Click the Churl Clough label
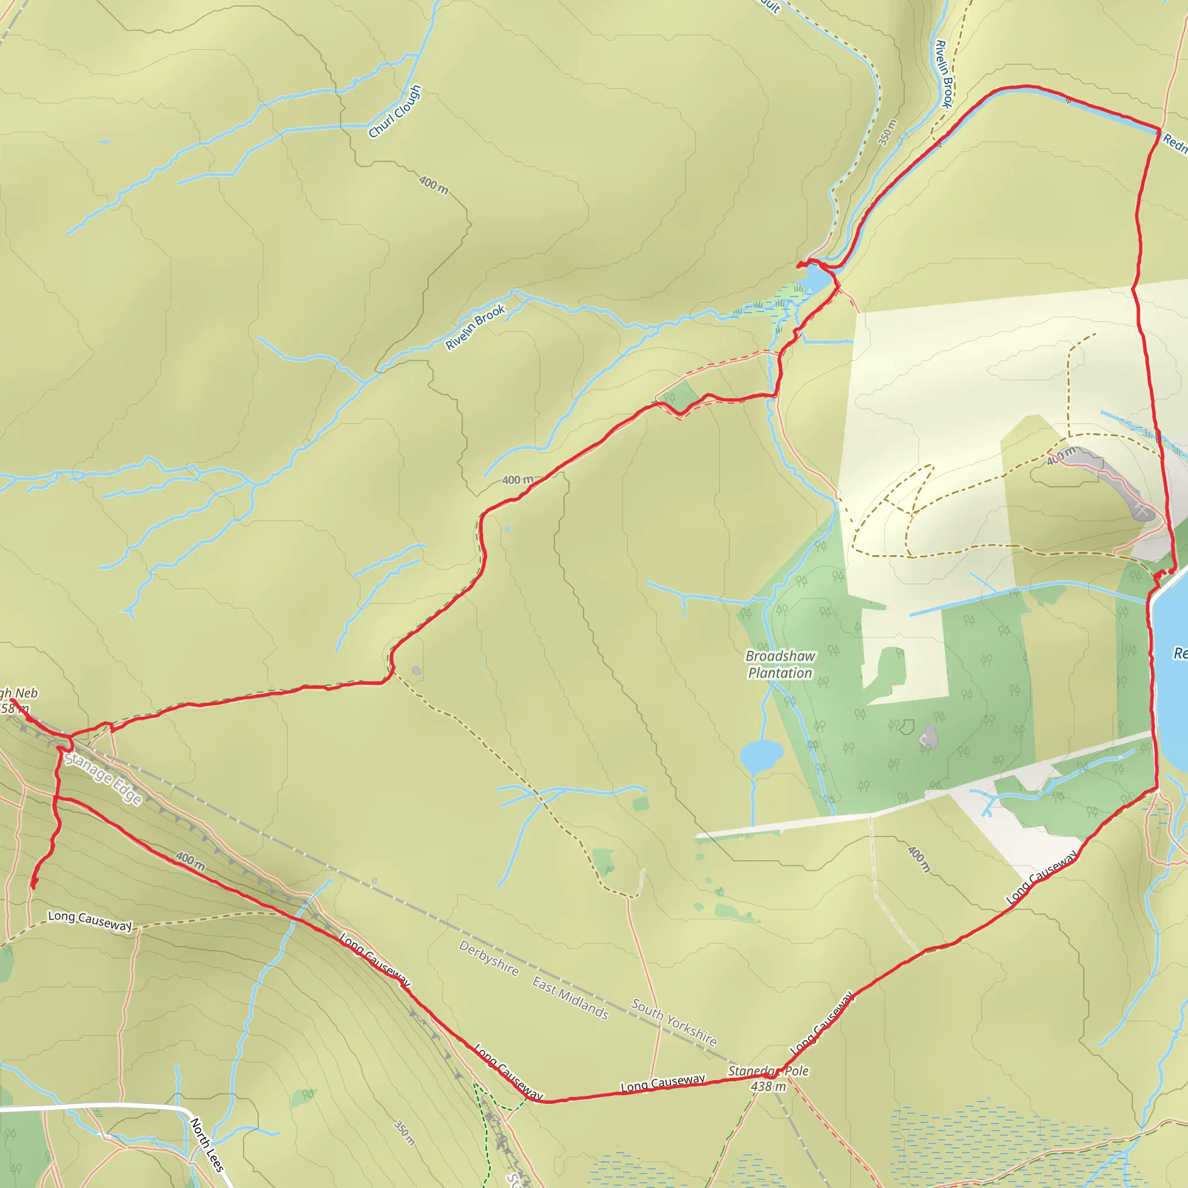395,111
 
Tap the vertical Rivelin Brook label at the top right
944,74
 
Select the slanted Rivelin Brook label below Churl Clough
475,327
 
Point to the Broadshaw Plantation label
780,665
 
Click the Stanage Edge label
104,778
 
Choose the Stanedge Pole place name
768,1071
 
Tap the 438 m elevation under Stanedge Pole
768,1086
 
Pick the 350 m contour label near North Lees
404,1133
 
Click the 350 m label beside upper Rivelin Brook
888,132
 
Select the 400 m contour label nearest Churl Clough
433,184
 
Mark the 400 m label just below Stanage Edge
190,861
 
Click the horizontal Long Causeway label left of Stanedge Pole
662,1083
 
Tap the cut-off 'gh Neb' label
19,694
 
